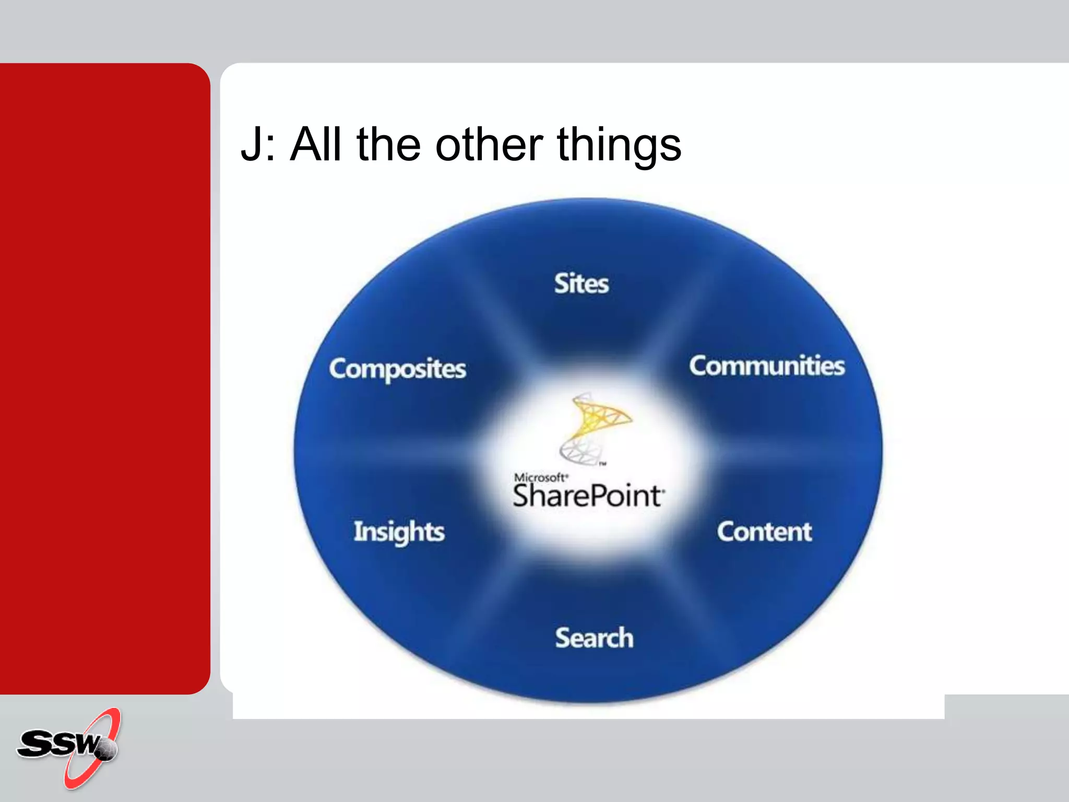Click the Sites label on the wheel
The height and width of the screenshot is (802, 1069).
pyautogui.click(x=581, y=284)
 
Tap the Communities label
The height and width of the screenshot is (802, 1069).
pyautogui.click(x=766, y=365)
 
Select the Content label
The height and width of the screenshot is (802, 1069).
pyautogui.click(x=764, y=532)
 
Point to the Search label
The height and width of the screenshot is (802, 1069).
pyautogui.click(x=594, y=638)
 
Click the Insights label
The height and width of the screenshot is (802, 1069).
pyautogui.click(x=399, y=532)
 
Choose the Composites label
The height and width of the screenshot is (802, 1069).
pyautogui.click(x=397, y=369)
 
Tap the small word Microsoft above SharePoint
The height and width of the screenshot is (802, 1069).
pyautogui.click(x=540, y=477)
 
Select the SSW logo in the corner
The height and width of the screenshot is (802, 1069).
pyautogui.click(x=68, y=747)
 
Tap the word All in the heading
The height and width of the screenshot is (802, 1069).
pyautogui.click(x=315, y=145)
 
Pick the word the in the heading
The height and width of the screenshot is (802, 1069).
pyautogui.click(x=388, y=145)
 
